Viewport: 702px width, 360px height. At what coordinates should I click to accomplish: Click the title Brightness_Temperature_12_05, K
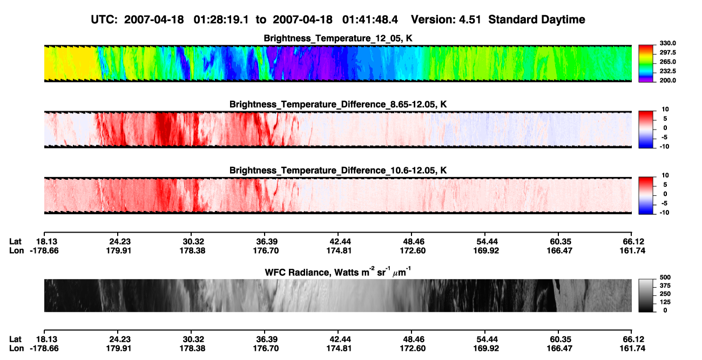pyautogui.click(x=338, y=38)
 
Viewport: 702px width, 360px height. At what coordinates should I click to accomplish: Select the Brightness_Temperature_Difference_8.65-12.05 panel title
pyautogui.click(x=338, y=104)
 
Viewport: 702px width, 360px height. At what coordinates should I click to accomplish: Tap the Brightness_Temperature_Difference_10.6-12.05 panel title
pyautogui.click(x=338, y=171)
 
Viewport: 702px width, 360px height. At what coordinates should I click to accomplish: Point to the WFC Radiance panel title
pyautogui.click(x=338, y=271)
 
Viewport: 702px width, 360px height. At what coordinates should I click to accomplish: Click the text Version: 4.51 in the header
pyautogui.click(x=446, y=19)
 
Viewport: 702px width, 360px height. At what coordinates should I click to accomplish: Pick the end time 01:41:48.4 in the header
pyautogui.click(x=370, y=19)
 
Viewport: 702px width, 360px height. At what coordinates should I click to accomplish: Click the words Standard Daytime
pyautogui.click(x=537, y=19)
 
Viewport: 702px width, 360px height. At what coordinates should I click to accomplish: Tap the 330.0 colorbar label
pyautogui.click(x=667, y=43)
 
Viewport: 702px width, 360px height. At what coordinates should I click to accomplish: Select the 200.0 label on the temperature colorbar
pyautogui.click(x=667, y=80)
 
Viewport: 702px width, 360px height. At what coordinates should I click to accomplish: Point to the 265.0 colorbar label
pyautogui.click(x=667, y=62)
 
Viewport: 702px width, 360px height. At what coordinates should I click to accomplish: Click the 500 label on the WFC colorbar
pyautogui.click(x=665, y=277)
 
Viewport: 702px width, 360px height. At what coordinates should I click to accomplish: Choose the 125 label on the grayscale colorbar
pyautogui.click(x=665, y=302)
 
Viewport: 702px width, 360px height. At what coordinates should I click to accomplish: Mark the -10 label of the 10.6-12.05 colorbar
pyautogui.click(x=664, y=213)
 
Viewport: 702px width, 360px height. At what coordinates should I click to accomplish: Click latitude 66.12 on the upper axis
pyautogui.click(x=633, y=242)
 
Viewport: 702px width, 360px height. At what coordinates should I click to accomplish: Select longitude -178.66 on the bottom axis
pyautogui.click(x=44, y=349)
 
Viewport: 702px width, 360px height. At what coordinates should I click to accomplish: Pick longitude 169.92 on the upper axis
pyautogui.click(x=486, y=250)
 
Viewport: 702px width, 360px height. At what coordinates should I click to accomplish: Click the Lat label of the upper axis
pyautogui.click(x=15, y=242)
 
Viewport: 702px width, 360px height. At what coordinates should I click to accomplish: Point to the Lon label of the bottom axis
pyautogui.click(x=16, y=349)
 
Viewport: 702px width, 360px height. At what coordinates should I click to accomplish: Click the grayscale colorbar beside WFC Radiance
pyautogui.click(x=646, y=295)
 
